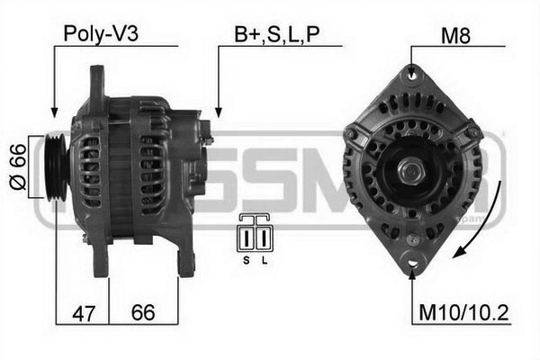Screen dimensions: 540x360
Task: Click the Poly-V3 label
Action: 101,34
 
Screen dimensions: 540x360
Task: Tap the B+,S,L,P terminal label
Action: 277,34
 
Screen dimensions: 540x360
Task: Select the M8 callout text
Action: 455,35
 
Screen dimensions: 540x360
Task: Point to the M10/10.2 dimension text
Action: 463,313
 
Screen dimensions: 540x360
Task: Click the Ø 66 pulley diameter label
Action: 18,166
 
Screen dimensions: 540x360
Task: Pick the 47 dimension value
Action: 84,313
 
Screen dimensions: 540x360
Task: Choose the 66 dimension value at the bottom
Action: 143,312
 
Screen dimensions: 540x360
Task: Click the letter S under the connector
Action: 247,260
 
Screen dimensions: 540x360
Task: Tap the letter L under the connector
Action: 264,260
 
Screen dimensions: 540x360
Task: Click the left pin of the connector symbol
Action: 247,238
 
